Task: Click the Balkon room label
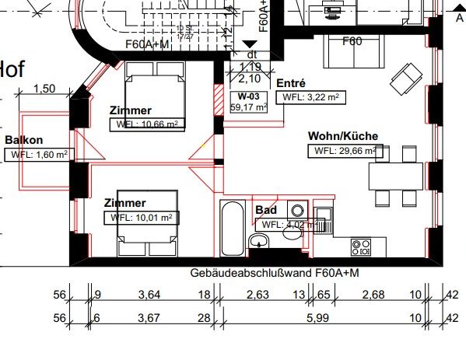coord(24,140)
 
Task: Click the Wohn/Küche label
coord(342,135)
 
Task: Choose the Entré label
coord(291,83)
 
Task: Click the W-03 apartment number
coord(250,96)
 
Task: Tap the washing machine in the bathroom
coord(297,210)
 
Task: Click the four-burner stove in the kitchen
coord(361,248)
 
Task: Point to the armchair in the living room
coord(404,77)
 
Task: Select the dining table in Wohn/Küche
coord(396,175)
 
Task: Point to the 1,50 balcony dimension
coord(46,89)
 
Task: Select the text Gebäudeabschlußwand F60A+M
coord(274,274)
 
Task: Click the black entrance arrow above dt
coord(249,46)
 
